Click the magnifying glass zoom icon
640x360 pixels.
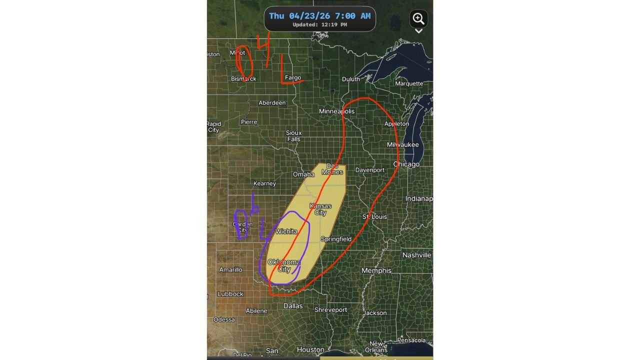point(418,19)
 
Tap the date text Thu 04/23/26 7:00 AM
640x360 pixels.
point(320,16)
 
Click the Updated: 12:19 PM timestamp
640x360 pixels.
point(320,24)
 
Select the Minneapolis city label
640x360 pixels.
point(336,111)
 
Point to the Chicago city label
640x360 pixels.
point(406,164)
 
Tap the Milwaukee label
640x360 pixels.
point(402,144)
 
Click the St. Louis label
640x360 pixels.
point(374,216)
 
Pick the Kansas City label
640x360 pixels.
point(320,209)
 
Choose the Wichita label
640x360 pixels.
point(286,231)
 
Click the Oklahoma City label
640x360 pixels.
point(284,265)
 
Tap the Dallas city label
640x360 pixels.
point(293,305)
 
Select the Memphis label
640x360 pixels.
point(376,270)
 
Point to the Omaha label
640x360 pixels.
point(303,174)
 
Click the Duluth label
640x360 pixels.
point(350,79)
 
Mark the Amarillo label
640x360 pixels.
point(230,269)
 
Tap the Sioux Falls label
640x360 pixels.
point(293,135)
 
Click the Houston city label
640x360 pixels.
point(310,349)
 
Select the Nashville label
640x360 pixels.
point(416,255)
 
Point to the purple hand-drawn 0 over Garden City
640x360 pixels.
point(240,224)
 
